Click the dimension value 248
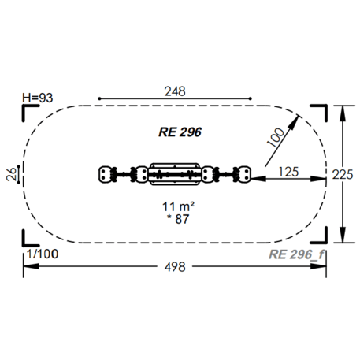point(175,91)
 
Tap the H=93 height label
point(38,98)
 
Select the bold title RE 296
point(180,132)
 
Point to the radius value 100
point(276,137)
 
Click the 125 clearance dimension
point(288,172)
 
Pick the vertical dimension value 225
point(343,175)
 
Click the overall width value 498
point(175,267)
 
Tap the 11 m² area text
point(178,206)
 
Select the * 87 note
point(178,219)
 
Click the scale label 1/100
point(43,254)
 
